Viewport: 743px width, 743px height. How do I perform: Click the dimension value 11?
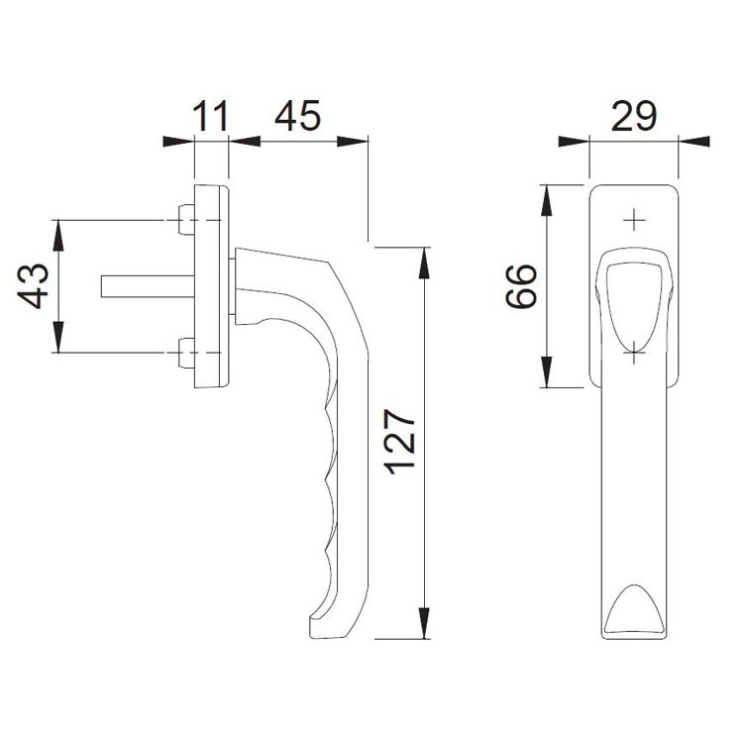click(x=211, y=116)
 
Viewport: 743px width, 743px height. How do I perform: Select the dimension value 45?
click(x=297, y=116)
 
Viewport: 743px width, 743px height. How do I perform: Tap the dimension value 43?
click(x=33, y=286)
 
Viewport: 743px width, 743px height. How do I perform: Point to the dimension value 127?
click(x=400, y=442)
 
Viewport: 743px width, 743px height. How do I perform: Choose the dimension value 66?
click(x=522, y=286)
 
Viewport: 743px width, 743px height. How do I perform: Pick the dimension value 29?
click(x=634, y=116)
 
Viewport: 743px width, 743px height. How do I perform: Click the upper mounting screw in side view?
click(x=186, y=219)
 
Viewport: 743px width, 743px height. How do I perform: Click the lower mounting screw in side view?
click(x=186, y=353)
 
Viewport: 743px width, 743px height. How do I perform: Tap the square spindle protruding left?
click(x=148, y=286)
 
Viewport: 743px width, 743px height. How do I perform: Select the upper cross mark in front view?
click(x=634, y=220)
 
